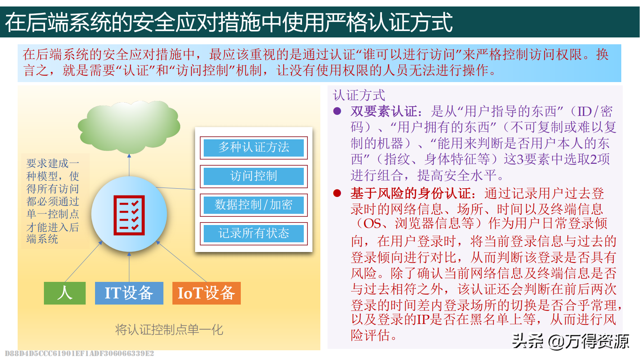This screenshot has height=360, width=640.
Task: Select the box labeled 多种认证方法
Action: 254,148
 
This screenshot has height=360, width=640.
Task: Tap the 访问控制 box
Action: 254,176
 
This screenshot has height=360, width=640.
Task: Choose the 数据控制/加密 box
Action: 254,205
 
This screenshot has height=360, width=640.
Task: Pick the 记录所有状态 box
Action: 254,233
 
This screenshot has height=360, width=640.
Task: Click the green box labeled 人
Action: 65,293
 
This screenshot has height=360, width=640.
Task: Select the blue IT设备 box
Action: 129,293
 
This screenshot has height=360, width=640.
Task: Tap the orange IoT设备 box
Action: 207,293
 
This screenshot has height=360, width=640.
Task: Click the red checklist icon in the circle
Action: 129,215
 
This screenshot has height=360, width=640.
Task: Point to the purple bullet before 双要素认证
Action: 337,111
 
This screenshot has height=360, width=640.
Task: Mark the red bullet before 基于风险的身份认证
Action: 337,193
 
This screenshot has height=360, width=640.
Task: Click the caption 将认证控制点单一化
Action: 169,329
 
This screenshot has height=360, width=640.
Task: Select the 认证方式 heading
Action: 359,95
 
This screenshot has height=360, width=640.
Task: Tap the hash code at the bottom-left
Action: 79,354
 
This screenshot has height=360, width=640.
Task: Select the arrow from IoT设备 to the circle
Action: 181,261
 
